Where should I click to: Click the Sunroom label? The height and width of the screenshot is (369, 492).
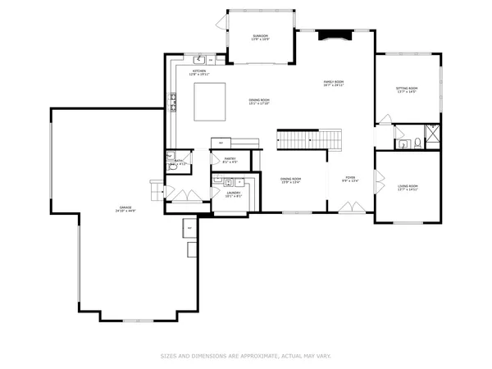[x=260, y=36]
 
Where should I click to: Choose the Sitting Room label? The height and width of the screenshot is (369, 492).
[x=406, y=90]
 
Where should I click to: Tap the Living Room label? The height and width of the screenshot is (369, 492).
[x=408, y=188]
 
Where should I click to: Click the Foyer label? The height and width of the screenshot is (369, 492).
[x=349, y=180]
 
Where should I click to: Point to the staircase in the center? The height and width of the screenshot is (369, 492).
[x=308, y=139]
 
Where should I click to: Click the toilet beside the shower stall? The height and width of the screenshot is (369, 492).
[x=418, y=144]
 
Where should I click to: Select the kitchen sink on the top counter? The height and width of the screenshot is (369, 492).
[x=199, y=60]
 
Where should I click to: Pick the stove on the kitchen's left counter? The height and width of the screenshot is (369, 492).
[x=174, y=102]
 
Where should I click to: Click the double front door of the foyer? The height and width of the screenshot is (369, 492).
[x=349, y=212]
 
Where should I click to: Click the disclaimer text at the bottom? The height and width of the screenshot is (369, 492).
[x=246, y=357]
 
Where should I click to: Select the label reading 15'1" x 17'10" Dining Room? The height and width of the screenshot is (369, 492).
[x=260, y=102]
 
